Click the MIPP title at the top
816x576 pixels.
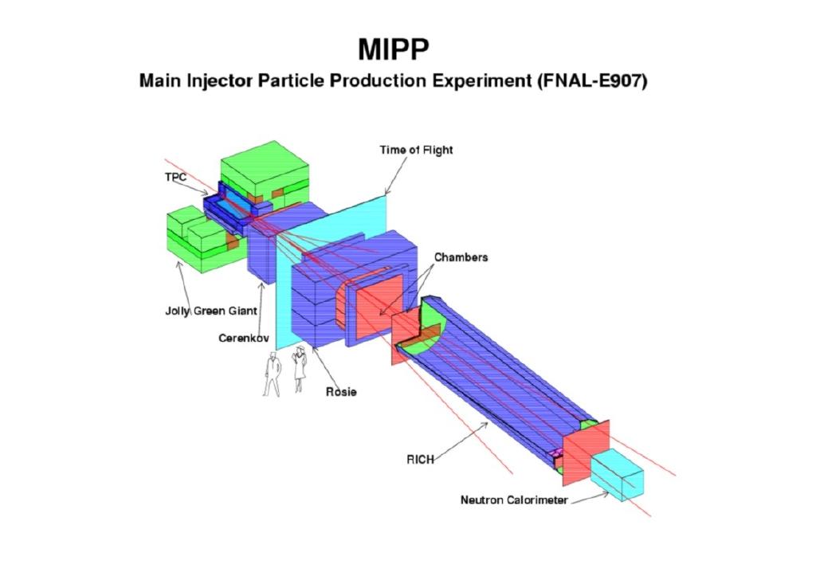(394, 49)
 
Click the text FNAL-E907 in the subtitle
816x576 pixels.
(592, 81)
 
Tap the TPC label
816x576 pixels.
(175, 178)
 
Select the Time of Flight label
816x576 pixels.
(416, 150)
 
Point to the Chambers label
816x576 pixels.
(461, 257)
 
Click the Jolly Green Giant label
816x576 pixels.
(210, 312)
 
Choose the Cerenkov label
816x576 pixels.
(244, 339)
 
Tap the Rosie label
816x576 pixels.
(341, 392)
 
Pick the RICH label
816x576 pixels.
(420, 460)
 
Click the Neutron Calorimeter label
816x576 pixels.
(514, 500)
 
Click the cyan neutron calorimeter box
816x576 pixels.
(618, 475)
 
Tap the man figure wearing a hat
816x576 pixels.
(272, 374)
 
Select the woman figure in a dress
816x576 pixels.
(300, 368)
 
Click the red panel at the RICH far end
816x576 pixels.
(586, 451)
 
